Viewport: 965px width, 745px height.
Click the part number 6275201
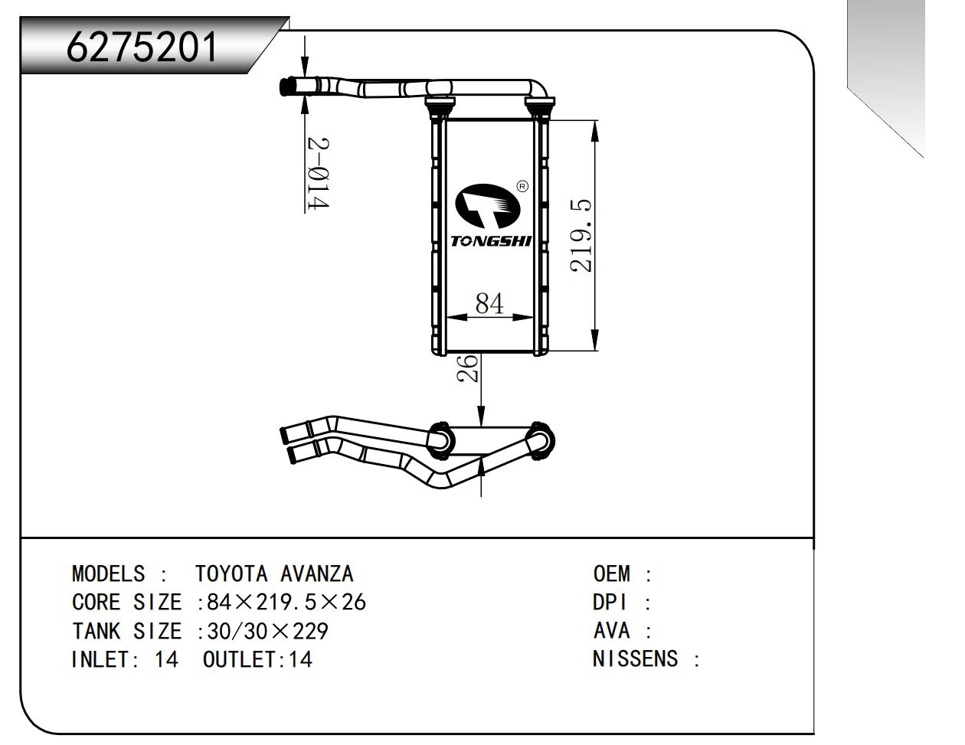[142, 47]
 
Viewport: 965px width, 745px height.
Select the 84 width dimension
[489, 303]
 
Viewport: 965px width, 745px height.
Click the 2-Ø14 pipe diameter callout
[317, 174]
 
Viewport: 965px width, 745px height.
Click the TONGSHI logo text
[490, 241]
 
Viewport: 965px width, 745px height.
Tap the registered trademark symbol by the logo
[522, 185]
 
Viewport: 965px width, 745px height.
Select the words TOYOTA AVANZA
[274, 573]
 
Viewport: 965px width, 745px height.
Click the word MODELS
[108, 573]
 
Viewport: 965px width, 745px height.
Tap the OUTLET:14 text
[257, 659]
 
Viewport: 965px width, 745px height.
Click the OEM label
[611, 573]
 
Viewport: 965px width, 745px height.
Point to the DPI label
[610, 603]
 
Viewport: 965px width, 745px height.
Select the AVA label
[611, 632]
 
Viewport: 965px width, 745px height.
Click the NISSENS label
[635, 659]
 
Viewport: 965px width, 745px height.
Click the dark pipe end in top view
[289, 87]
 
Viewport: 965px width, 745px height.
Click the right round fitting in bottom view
[540, 440]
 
